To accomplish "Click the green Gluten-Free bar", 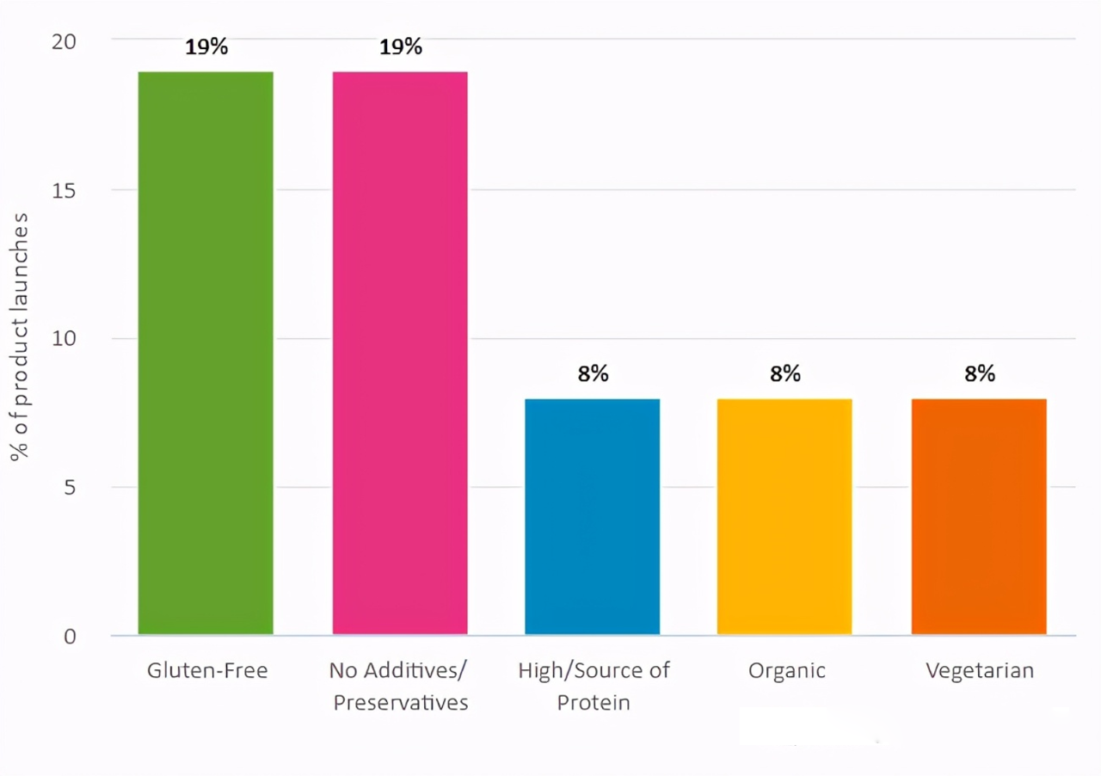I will pos(206,353).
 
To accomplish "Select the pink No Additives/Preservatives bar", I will pos(400,353).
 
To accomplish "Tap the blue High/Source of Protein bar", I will pos(593,516).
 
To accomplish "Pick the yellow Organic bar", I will pos(784,516).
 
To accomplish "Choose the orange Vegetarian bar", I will pos(979,516).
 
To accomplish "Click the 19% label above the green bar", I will pos(206,46).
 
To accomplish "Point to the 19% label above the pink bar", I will pos(401,46).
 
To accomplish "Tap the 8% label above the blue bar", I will pos(593,373).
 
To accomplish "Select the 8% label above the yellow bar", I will pos(785,373).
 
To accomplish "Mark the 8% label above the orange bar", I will pos(980,373).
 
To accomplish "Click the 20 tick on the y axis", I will pos(64,41).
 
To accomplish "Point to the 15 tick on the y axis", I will pos(65,190).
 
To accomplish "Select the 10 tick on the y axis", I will pos(65,339).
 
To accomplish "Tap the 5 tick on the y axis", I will pos(70,488).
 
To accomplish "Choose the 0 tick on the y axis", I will pos(70,637).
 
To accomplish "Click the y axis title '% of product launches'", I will pos(21,337).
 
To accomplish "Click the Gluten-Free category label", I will pos(207,671).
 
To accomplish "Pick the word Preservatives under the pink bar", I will pos(401,703).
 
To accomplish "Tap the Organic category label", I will pos(787,671).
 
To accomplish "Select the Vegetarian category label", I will pos(980,671).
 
